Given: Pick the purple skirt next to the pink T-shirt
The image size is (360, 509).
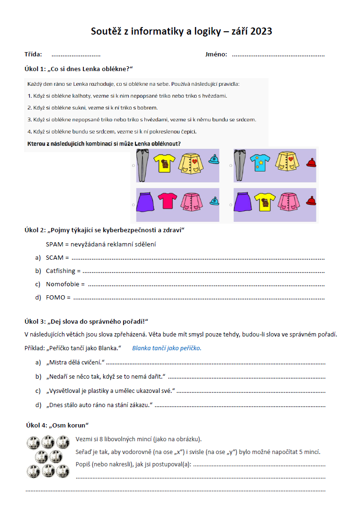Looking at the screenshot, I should tap(144, 201).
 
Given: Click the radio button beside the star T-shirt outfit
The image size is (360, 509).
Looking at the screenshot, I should tap(231, 165).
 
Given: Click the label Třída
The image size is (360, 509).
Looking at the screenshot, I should tap(33, 55).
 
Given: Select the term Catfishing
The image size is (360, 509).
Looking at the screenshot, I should tap(61, 271).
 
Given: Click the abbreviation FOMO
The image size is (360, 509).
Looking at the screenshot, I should tap(55, 298).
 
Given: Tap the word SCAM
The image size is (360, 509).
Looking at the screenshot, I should tap(55, 258).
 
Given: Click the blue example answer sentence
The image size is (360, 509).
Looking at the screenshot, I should tap(167, 348).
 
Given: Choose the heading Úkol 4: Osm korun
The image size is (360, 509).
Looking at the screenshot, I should tap(58, 426).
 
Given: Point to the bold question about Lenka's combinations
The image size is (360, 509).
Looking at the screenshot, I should tap(104, 144).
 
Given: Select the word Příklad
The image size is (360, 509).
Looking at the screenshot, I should tap(35, 348).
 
